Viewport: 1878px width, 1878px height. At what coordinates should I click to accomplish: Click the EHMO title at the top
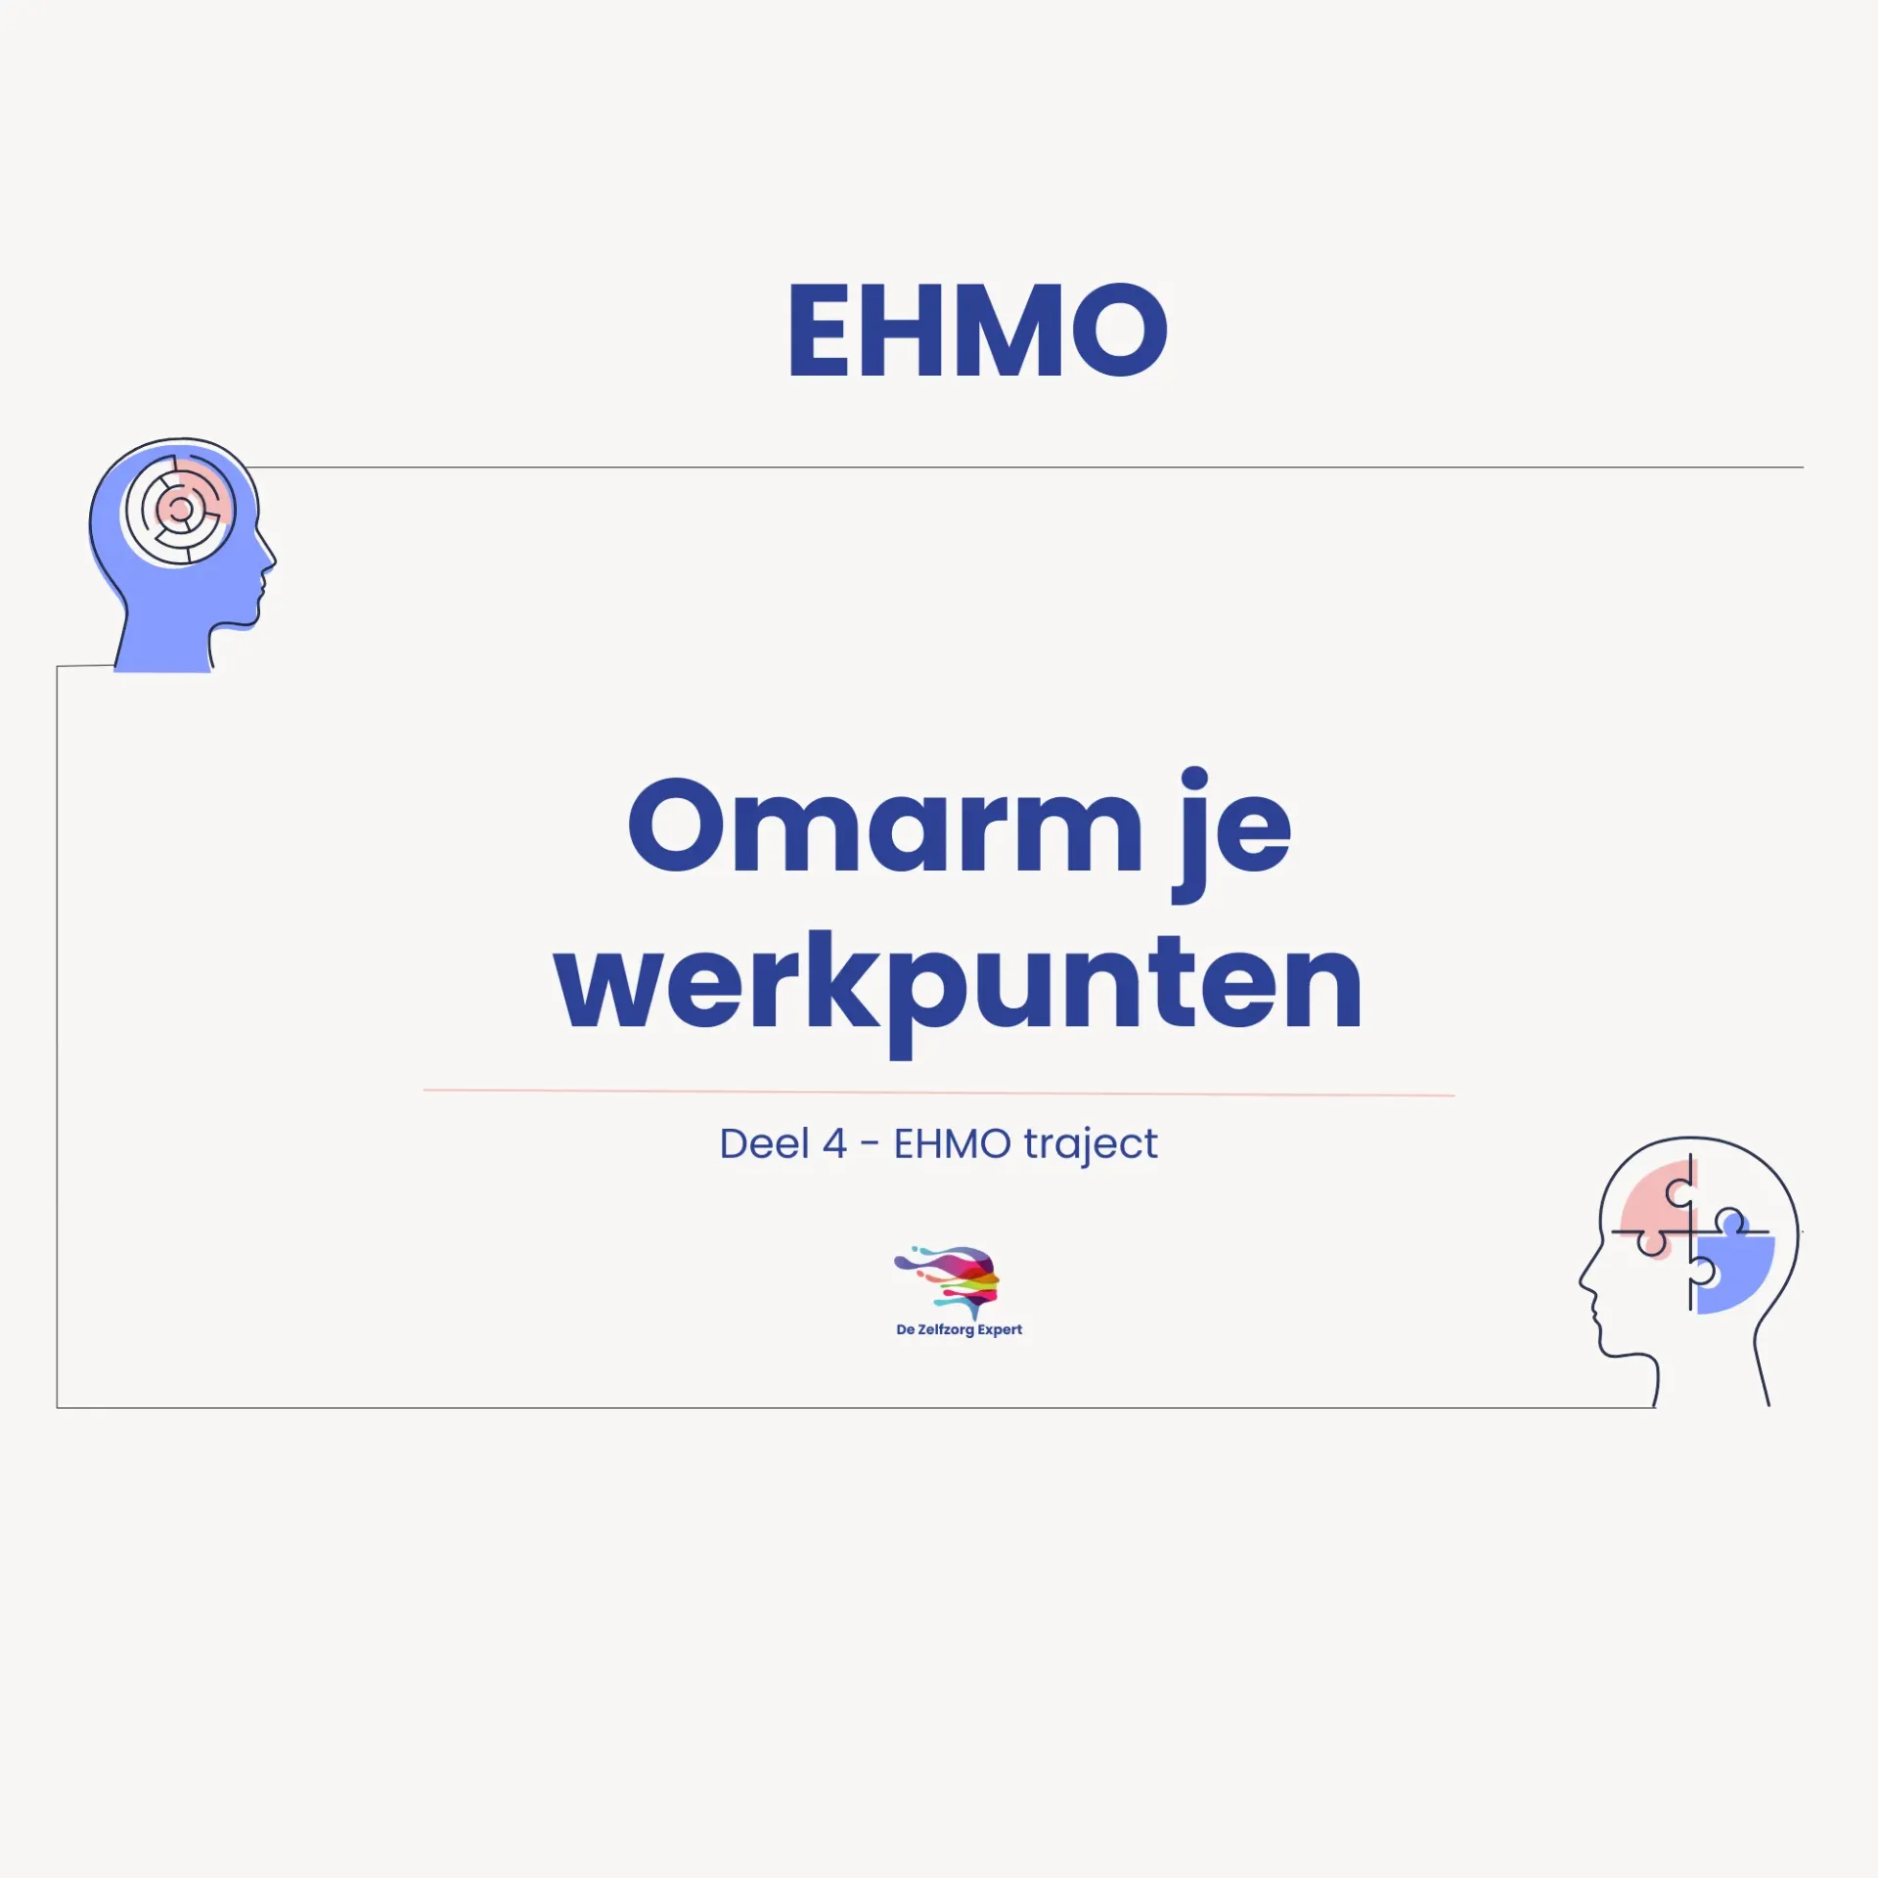[x=977, y=330]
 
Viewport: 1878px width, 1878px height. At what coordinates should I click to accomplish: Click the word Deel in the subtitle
[x=764, y=1143]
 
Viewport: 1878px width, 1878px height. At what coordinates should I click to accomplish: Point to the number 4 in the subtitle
[x=834, y=1143]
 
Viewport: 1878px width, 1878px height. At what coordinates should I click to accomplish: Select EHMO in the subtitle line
[x=952, y=1143]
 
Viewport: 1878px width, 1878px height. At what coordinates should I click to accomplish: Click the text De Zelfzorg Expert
[x=959, y=1329]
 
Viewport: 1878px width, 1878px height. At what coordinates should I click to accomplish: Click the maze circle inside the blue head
[x=180, y=510]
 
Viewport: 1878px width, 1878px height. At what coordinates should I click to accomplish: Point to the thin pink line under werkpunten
[x=938, y=1092]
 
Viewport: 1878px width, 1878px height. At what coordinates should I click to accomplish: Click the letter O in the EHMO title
[x=1119, y=330]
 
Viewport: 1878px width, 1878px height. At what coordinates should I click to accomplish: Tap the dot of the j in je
[x=1194, y=779]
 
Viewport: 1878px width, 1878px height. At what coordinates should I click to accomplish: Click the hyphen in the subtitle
[x=870, y=1144]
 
